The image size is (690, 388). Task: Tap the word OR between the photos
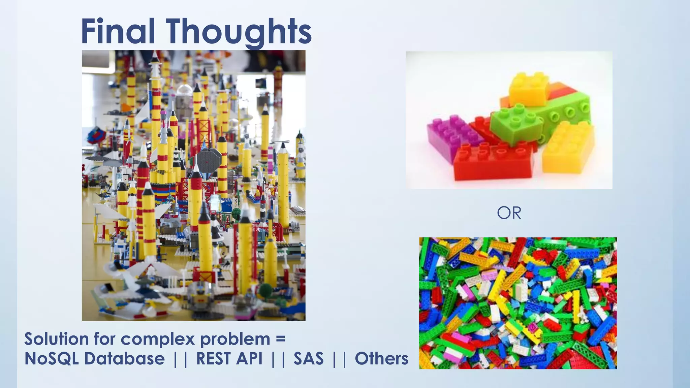pos(509,213)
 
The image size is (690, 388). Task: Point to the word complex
pos(158,339)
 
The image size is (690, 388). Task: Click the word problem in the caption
pos(235,339)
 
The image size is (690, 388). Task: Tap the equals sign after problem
pos(280,338)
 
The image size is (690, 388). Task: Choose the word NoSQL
pos(52,359)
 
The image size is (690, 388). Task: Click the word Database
pos(125,358)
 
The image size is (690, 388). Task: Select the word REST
pos(213,358)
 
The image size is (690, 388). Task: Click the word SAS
pos(308,358)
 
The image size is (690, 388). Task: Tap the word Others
pos(381,358)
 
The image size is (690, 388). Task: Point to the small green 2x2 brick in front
pos(515,123)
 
